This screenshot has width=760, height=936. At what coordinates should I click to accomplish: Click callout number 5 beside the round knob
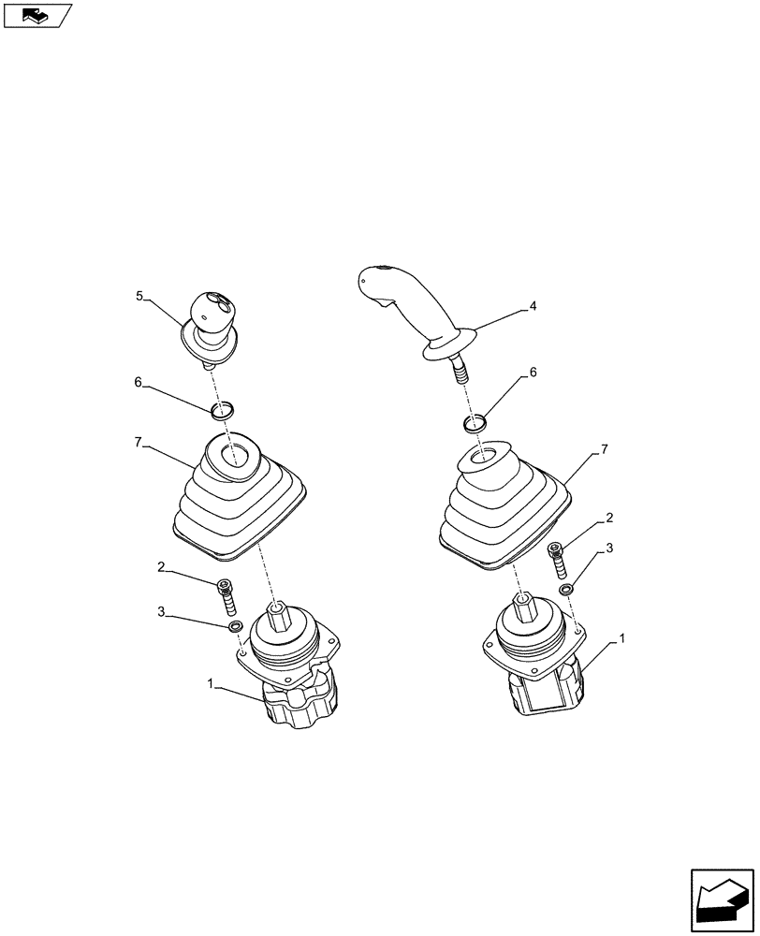pyautogui.click(x=139, y=296)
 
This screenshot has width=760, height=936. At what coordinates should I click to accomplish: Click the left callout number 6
pyautogui.click(x=139, y=382)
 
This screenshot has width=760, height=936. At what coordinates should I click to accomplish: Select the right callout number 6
pyautogui.click(x=533, y=372)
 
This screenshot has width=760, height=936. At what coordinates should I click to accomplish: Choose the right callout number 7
pyautogui.click(x=604, y=450)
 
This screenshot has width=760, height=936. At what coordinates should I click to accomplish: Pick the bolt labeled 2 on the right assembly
pyautogui.click(x=559, y=561)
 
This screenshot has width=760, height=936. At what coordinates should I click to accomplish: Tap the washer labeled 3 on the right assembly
pyautogui.click(x=567, y=590)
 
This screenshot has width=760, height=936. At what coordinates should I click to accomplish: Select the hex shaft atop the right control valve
pyautogui.click(x=524, y=608)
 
